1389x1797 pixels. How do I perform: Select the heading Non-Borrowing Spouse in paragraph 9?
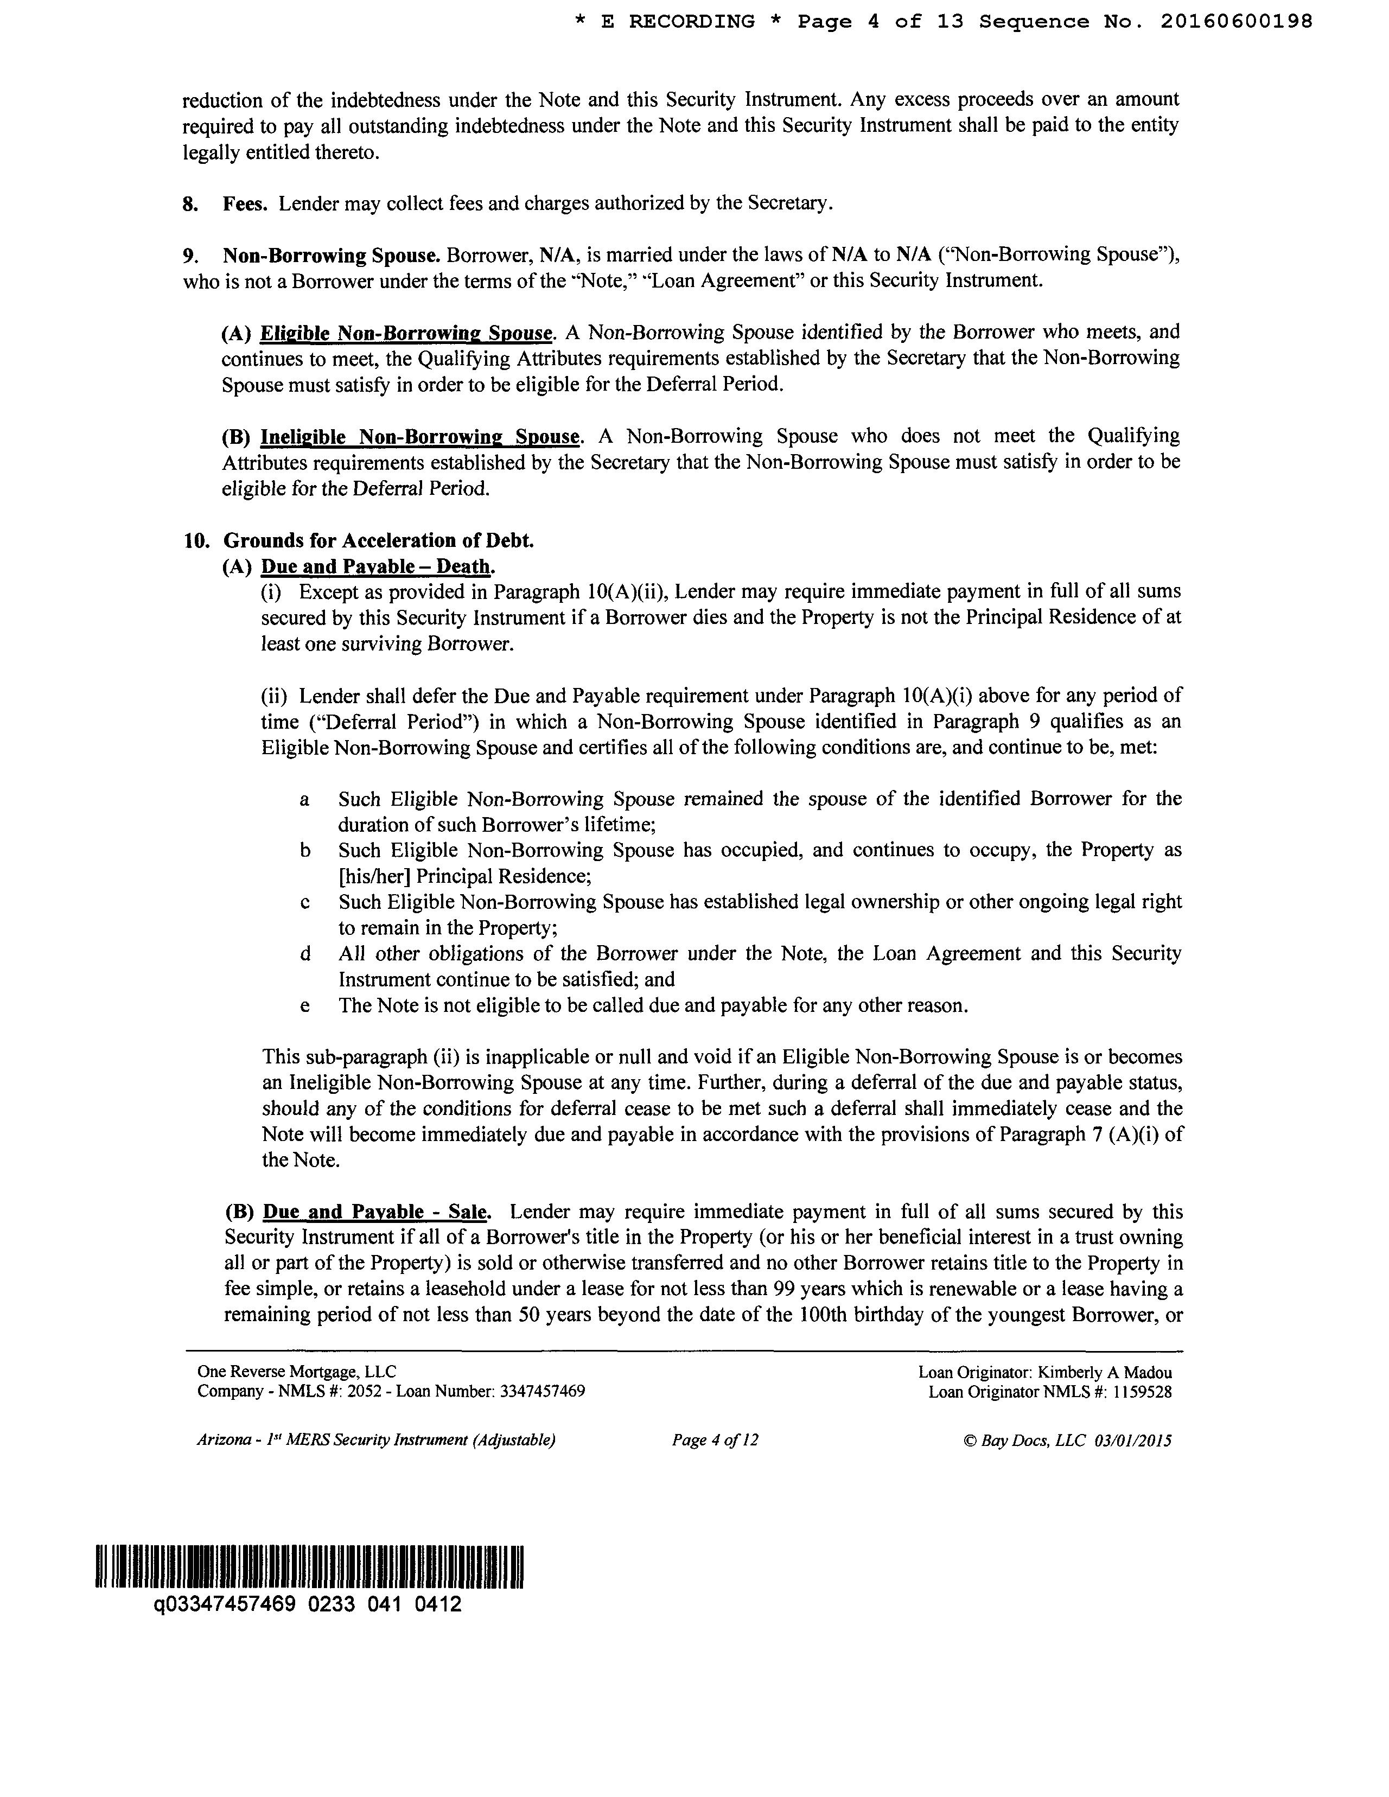333,255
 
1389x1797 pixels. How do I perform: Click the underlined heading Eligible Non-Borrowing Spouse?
406,333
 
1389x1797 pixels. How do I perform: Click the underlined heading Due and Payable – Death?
377,567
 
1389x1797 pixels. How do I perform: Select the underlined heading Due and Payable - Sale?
376,1212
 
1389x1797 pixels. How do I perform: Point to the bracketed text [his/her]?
374,876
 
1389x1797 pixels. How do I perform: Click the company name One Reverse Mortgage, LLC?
296,1372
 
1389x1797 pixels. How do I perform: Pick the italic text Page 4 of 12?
714,1440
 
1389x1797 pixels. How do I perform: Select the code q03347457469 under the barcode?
224,1604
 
